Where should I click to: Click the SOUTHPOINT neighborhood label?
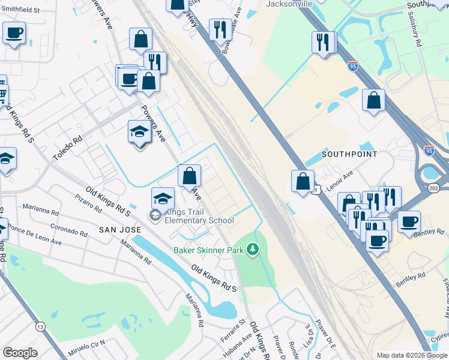click(x=349, y=154)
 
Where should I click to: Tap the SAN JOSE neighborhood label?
click(x=119, y=230)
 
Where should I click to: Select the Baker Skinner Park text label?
click(x=208, y=249)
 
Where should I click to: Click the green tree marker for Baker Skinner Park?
click(x=253, y=248)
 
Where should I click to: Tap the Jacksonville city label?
click(x=289, y=4)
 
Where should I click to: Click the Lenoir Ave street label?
click(x=340, y=178)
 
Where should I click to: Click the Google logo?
click(x=20, y=353)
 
